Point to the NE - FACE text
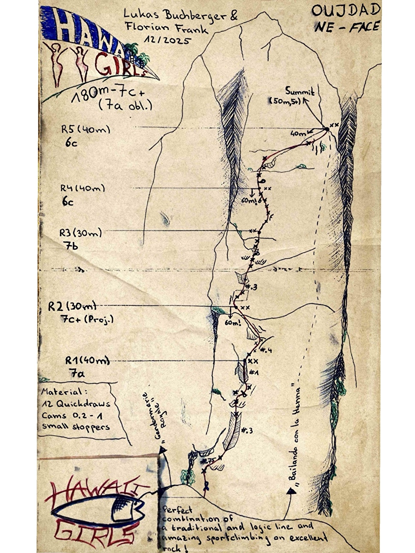tap(347, 27)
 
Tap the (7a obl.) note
tap(125, 105)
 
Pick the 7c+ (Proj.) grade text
tap(87, 319)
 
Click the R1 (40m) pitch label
tap(87, 360)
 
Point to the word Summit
tap(300, 91)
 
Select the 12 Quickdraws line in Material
tap(76, 404)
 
